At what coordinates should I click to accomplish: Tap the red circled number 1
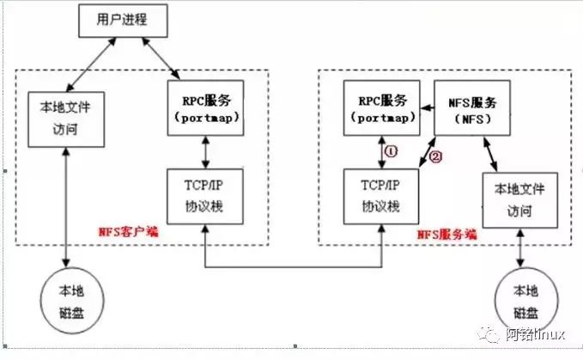pyautogui.click(x=391, y=150)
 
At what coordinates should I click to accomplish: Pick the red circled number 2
pyautogui.click(x=434, y=157)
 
